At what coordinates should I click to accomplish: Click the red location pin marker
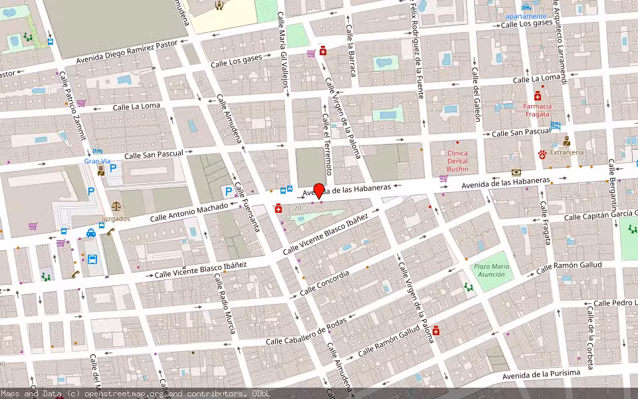[319, 190]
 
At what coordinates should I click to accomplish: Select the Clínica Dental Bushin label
[457, 161]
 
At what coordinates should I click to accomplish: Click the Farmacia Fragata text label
[537, 110]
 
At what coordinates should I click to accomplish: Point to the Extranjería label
[567, 152]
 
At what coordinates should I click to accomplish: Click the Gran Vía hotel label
[96, 161]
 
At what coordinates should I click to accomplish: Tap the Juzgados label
[116, 218]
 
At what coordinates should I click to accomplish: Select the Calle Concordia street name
[324, 283]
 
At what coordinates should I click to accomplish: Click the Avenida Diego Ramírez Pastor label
[128, 51]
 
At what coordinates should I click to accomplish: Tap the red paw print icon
[542, 154]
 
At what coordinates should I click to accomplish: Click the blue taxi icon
[90, 233]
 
